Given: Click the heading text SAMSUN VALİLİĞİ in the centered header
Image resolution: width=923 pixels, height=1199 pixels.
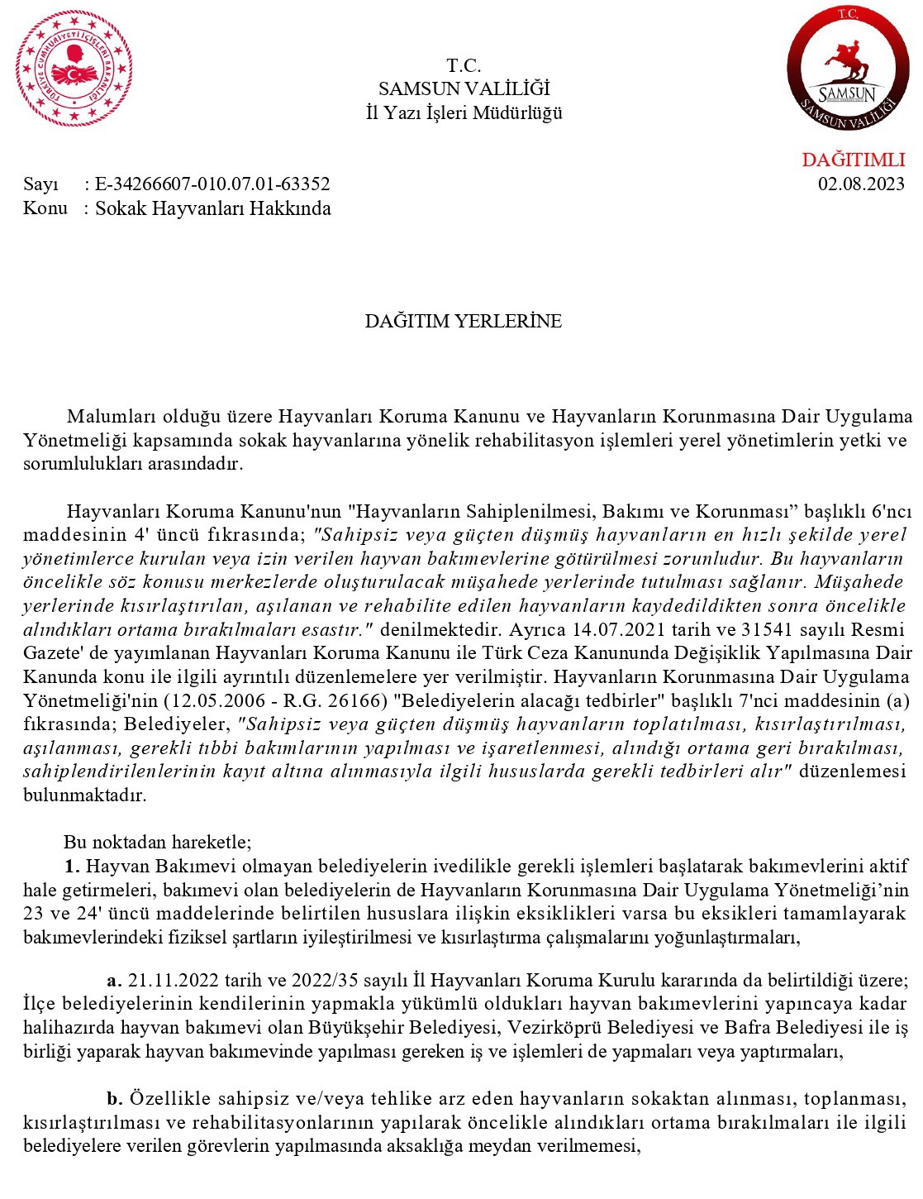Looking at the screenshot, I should point(464,89).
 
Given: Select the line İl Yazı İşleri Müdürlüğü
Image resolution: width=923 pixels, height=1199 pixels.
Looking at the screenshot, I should point(464,112).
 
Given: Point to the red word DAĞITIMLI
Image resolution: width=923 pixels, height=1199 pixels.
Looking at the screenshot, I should point(853,160).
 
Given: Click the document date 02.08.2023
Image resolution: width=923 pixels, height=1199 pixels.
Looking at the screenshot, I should point(861,184).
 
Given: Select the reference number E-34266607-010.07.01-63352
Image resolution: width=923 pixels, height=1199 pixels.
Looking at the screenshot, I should point(212,184).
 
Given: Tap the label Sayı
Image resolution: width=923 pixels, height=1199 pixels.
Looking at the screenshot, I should point(40,184).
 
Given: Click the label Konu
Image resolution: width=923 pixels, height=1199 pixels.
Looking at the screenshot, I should point(45,208).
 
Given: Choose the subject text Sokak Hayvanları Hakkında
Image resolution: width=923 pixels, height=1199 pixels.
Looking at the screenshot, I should point(213,208).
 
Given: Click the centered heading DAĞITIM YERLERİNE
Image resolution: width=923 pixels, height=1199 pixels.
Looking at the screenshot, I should point(463,321).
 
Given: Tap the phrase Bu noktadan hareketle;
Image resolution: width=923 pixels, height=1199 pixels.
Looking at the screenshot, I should point(157,842).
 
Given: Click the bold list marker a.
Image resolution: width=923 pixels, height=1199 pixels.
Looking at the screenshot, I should point(114,981).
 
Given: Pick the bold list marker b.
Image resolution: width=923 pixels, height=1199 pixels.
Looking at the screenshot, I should point(114,1099).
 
